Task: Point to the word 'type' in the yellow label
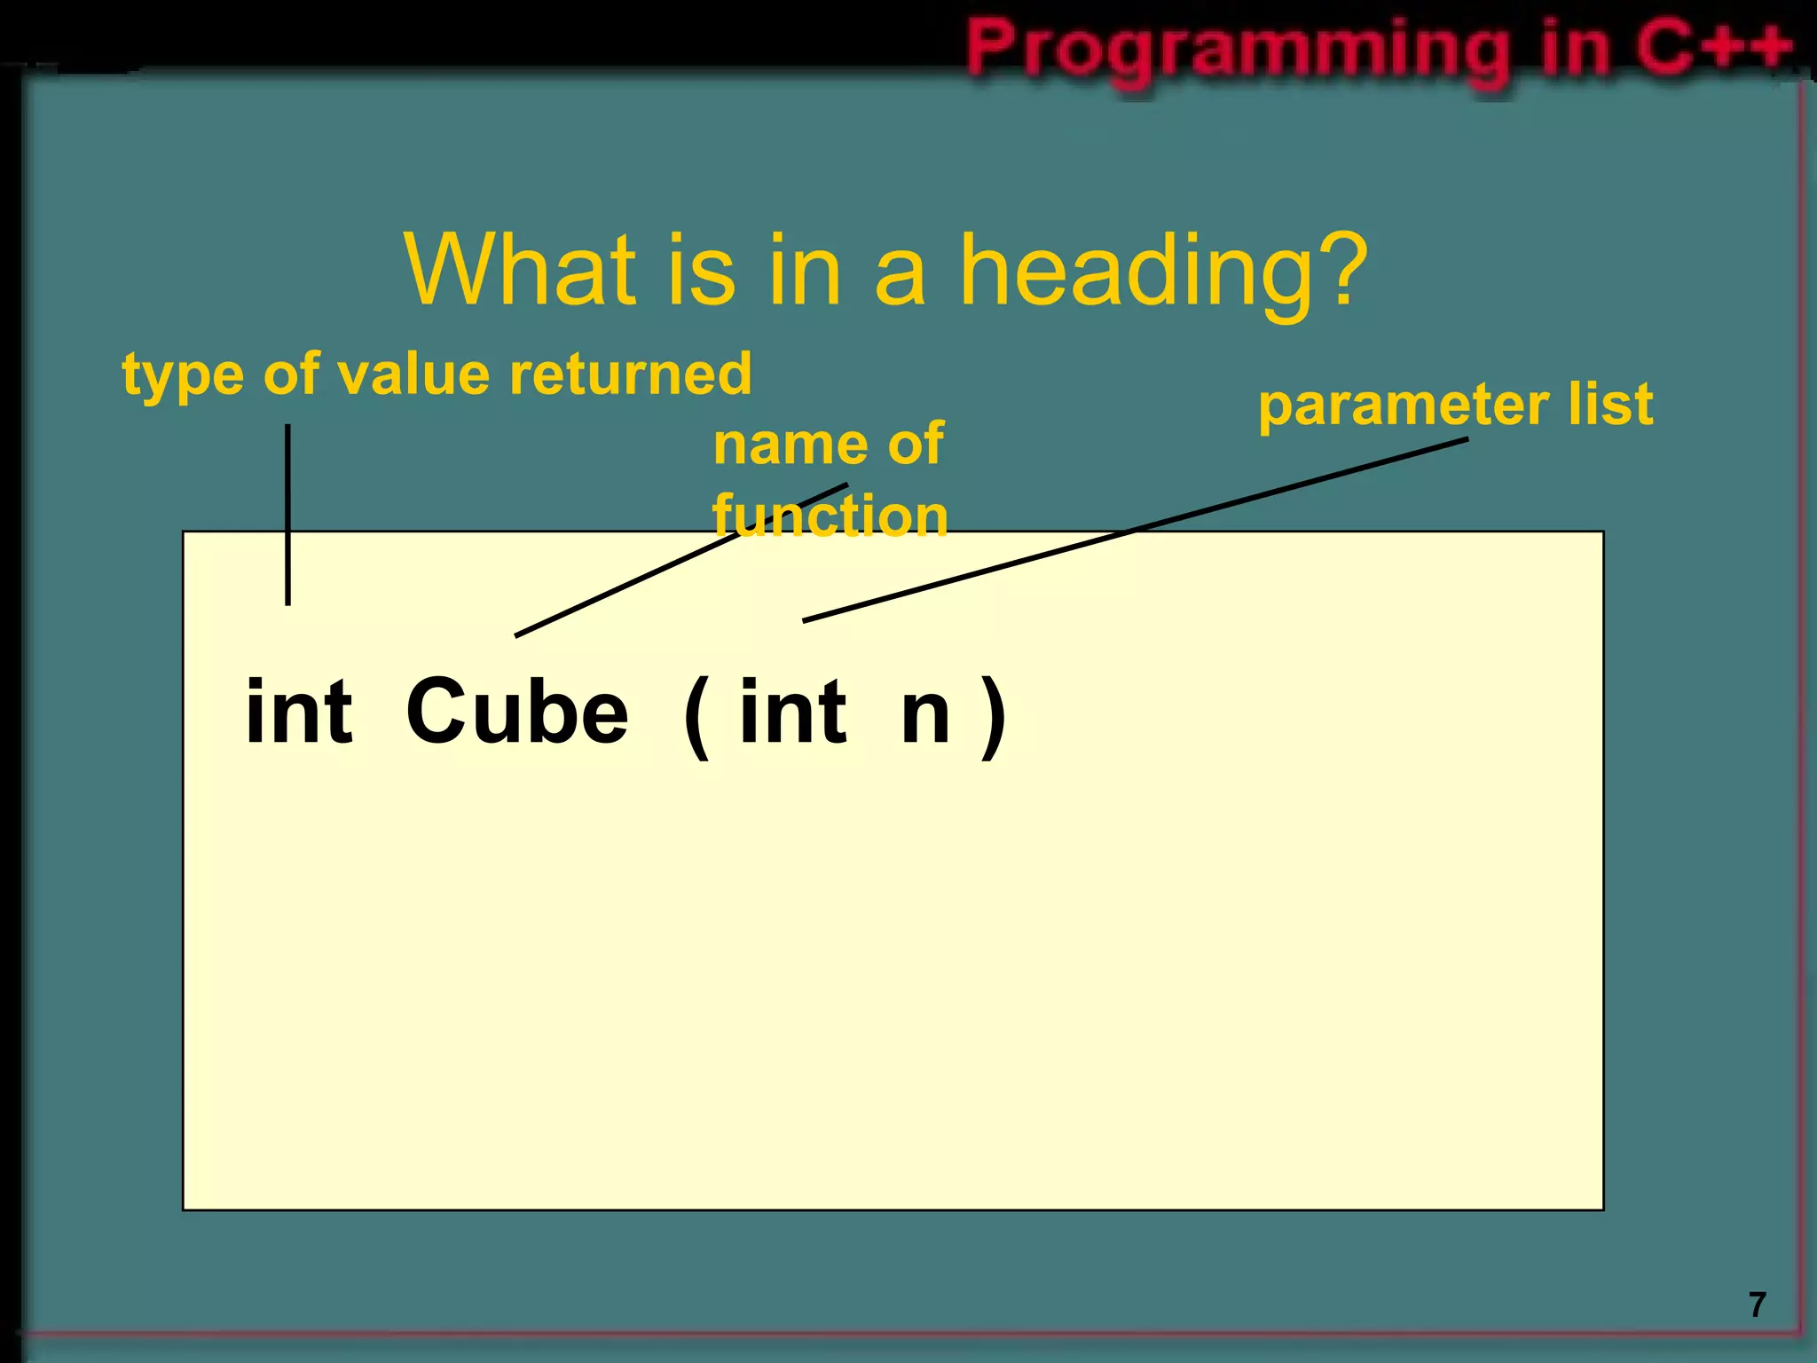pos(183,375)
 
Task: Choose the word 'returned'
pos(631,374)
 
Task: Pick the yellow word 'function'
pos(830,516)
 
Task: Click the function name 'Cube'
pos(517,712)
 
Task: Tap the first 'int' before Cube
pos(299,712)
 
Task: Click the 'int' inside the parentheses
pos(792,712)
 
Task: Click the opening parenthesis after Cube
pos(697,715)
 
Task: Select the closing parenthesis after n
pos(994,715)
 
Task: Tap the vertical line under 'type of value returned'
pos(287,515)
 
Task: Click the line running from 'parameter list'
pos(1136,530)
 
